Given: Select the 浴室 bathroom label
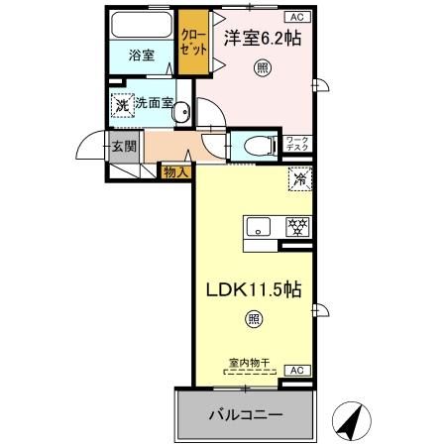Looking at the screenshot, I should pyautogui.click(x=141, y=56).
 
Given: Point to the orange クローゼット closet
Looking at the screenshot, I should pyautogui.click(x=193, y=45).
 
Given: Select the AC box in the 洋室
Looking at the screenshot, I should pyautogui.click(x=295, y=17).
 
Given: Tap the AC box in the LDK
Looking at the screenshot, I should pyautogui.click(x=295, y=370).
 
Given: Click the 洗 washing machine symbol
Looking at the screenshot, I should pyautogui.click(x=121, y=104).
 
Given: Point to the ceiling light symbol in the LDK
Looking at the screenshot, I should pyautogui.click(x=254, y=318).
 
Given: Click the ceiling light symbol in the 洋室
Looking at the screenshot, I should pyautogui.click(x=262, y=67).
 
